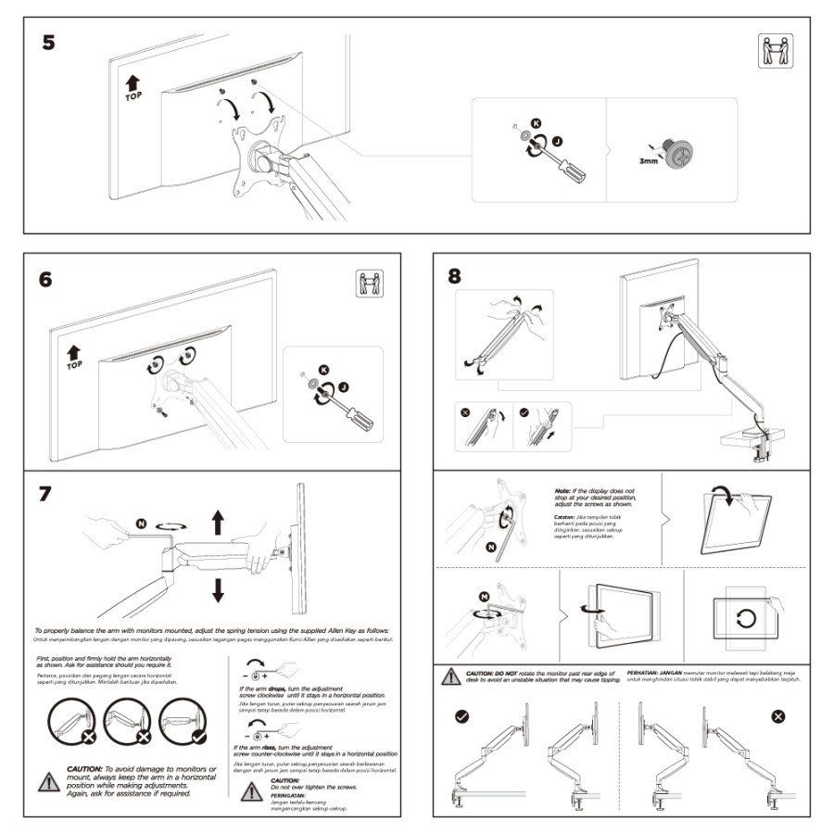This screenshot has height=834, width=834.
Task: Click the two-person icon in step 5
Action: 776,50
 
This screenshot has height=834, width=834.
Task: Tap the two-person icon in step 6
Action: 369,284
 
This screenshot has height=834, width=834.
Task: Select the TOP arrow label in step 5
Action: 133,88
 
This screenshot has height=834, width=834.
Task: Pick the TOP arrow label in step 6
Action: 75,358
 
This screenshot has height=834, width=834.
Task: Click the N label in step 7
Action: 142,524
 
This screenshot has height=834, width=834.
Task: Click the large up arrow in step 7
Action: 219,521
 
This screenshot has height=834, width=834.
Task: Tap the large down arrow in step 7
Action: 219,588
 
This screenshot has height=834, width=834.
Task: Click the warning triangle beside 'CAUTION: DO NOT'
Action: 450,676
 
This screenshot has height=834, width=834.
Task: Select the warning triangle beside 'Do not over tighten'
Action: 252,790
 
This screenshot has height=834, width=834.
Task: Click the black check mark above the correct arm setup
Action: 461,716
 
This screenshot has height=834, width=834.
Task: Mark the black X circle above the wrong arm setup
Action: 778,716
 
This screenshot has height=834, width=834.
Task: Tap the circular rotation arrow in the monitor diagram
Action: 747,617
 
